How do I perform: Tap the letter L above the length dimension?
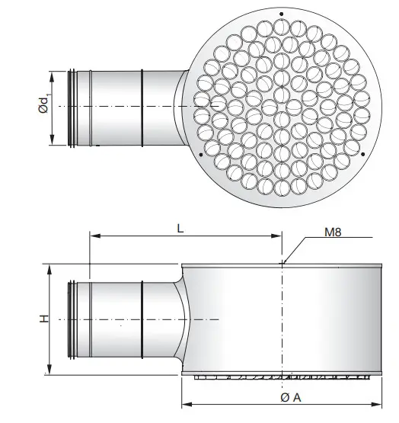180,227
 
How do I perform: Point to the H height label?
44,319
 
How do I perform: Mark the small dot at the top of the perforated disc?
281,14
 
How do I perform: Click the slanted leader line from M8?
295,250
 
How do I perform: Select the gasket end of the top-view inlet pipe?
72,107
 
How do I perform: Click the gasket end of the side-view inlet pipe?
72,319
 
